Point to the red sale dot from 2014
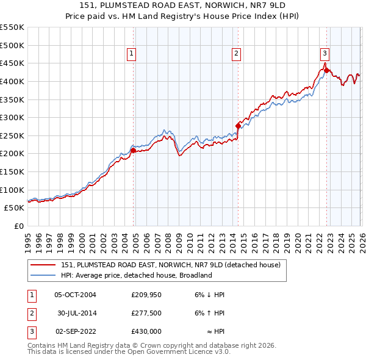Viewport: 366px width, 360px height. (x=238, y=126)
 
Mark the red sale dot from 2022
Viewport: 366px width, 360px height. (x=326, y=70)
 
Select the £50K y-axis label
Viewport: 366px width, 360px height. (x=15, y=208)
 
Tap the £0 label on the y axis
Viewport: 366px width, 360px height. (x=18, y=226)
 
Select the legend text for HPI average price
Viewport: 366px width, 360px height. (x=135, y=275)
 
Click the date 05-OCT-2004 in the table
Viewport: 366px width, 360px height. (x=75, y=295)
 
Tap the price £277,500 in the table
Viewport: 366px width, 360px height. (x=146, y=313)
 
